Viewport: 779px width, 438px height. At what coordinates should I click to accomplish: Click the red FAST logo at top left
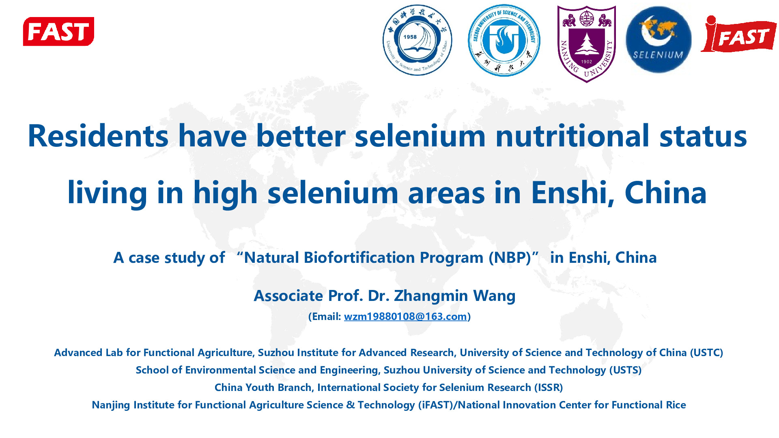[x=58, y=31]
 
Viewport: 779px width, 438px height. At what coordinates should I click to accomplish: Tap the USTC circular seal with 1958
[x=417, y=40]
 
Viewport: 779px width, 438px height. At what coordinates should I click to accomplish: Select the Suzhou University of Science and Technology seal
[x=504, y=40]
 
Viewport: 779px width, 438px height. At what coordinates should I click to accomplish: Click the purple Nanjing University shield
[x=587, y=44]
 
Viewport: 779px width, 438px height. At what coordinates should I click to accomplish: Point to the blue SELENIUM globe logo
[x=658, y=40]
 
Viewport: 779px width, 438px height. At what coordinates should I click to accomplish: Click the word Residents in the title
[x=98, y=136]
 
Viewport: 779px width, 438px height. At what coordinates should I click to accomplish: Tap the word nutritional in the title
[x=572, y=136]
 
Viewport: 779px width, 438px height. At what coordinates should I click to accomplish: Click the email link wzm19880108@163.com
[x=405, y=316]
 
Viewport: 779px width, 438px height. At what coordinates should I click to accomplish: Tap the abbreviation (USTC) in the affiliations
[x=706, y=352]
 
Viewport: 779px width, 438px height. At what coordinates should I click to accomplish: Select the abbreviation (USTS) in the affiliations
[x=625, y=370]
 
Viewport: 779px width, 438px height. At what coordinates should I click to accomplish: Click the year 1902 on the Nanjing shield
[x=587, y=62]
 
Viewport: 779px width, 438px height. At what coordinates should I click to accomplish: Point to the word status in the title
[x=703, y=136]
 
